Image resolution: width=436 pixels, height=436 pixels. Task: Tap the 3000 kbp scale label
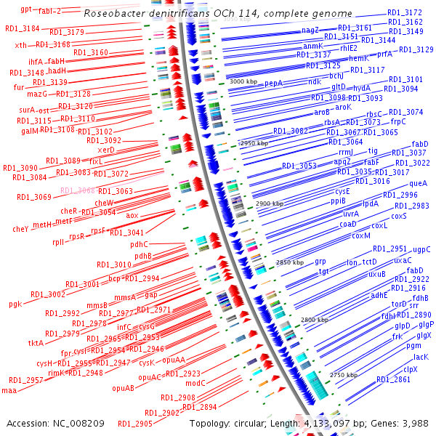(243, 82)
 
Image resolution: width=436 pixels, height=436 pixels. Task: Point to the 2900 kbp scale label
(270, 204)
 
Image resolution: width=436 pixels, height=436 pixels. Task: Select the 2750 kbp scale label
(345, 375)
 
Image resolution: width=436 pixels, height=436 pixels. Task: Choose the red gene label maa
(9, 390)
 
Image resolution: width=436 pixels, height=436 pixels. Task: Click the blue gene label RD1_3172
(405, 12)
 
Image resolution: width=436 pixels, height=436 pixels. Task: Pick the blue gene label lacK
(421, 357)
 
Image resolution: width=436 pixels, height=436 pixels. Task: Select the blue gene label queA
(419, 183)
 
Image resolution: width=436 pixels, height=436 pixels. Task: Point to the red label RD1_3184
(22, 28)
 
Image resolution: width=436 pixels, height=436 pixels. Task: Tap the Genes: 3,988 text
(404, 422)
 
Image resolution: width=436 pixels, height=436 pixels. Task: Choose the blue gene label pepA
(274, 84)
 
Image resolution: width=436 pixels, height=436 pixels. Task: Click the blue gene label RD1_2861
(393, 380)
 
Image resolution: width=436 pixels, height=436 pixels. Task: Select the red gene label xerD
(106, 150)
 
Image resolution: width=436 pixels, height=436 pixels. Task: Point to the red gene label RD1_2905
(135, 424)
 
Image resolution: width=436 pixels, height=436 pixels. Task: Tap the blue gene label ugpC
(421, 249)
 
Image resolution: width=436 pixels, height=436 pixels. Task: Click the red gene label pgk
(15, 304)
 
